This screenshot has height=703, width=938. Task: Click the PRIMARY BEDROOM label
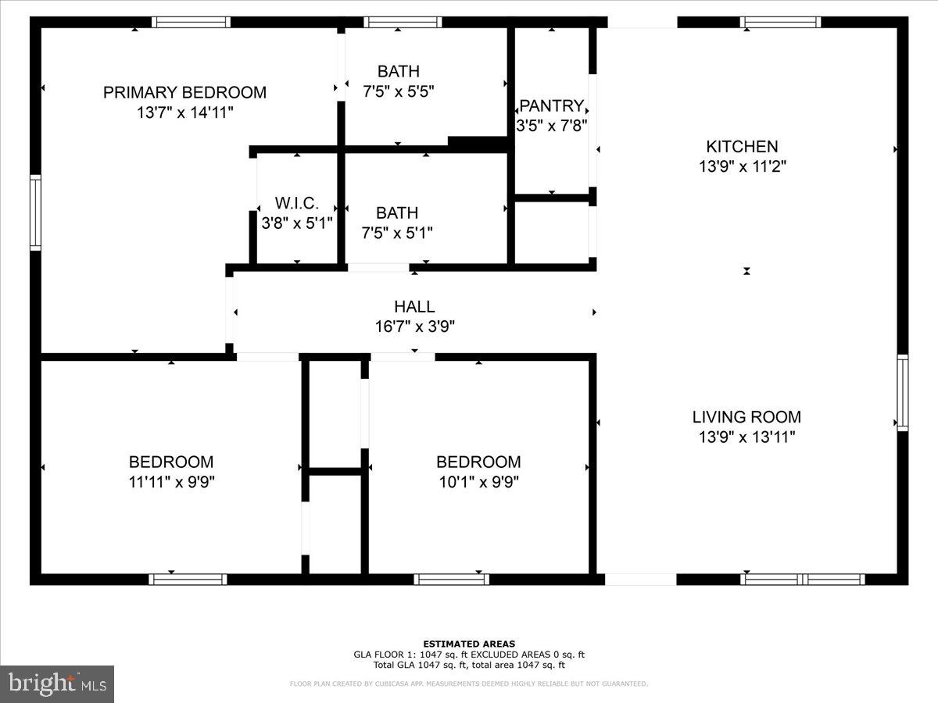click(x=184, y=92)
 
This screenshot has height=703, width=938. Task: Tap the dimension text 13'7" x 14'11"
click(x=184, y=112)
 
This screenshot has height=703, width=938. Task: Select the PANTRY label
click(x=551, y=105)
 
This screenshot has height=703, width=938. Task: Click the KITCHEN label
click(x=742, y=146)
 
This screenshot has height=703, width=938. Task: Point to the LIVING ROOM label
click(x=746, y=417)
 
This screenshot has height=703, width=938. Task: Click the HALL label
click(x=414, y=307)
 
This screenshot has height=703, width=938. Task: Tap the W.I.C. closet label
click(x=296, y=203)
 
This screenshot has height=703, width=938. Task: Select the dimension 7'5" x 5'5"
click(x=398, y=91)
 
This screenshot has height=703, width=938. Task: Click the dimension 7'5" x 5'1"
click(x=397, y=233)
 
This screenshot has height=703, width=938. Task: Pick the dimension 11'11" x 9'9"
click(x=171, y=482)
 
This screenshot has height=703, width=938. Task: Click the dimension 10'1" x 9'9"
click(x=478, y=482)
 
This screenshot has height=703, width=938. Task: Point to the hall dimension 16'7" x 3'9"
click(x=414, y=327)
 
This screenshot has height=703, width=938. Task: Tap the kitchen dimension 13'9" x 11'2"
click(x=742, y=166)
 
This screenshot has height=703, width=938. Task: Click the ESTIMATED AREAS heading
click(x=469, y=644)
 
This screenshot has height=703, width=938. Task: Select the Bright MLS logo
click(x=57, y=684)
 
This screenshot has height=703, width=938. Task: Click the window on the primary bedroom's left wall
click(x=35, y=213)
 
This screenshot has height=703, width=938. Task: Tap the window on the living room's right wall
click(x=902, y=392)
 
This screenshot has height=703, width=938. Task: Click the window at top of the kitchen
click(x=780, y=22)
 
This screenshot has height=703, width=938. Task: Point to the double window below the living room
click(x=803, y=580)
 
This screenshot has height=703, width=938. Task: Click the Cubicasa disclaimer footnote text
click(x=469, y=683)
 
